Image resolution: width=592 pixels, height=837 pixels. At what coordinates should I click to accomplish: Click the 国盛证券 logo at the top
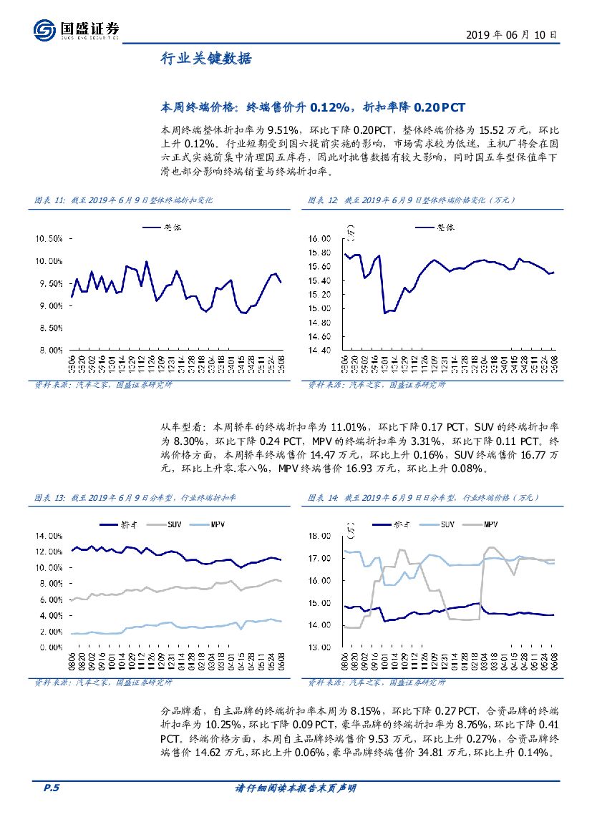pos(76,29)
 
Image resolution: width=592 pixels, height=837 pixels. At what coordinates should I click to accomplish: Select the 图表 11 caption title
pos(124,200)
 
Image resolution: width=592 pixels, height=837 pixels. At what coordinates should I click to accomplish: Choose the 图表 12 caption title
pos(411,200)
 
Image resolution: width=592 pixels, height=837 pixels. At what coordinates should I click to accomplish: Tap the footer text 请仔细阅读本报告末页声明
pos(296,788)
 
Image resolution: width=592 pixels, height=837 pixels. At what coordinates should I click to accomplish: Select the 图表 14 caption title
pos(422,497)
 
